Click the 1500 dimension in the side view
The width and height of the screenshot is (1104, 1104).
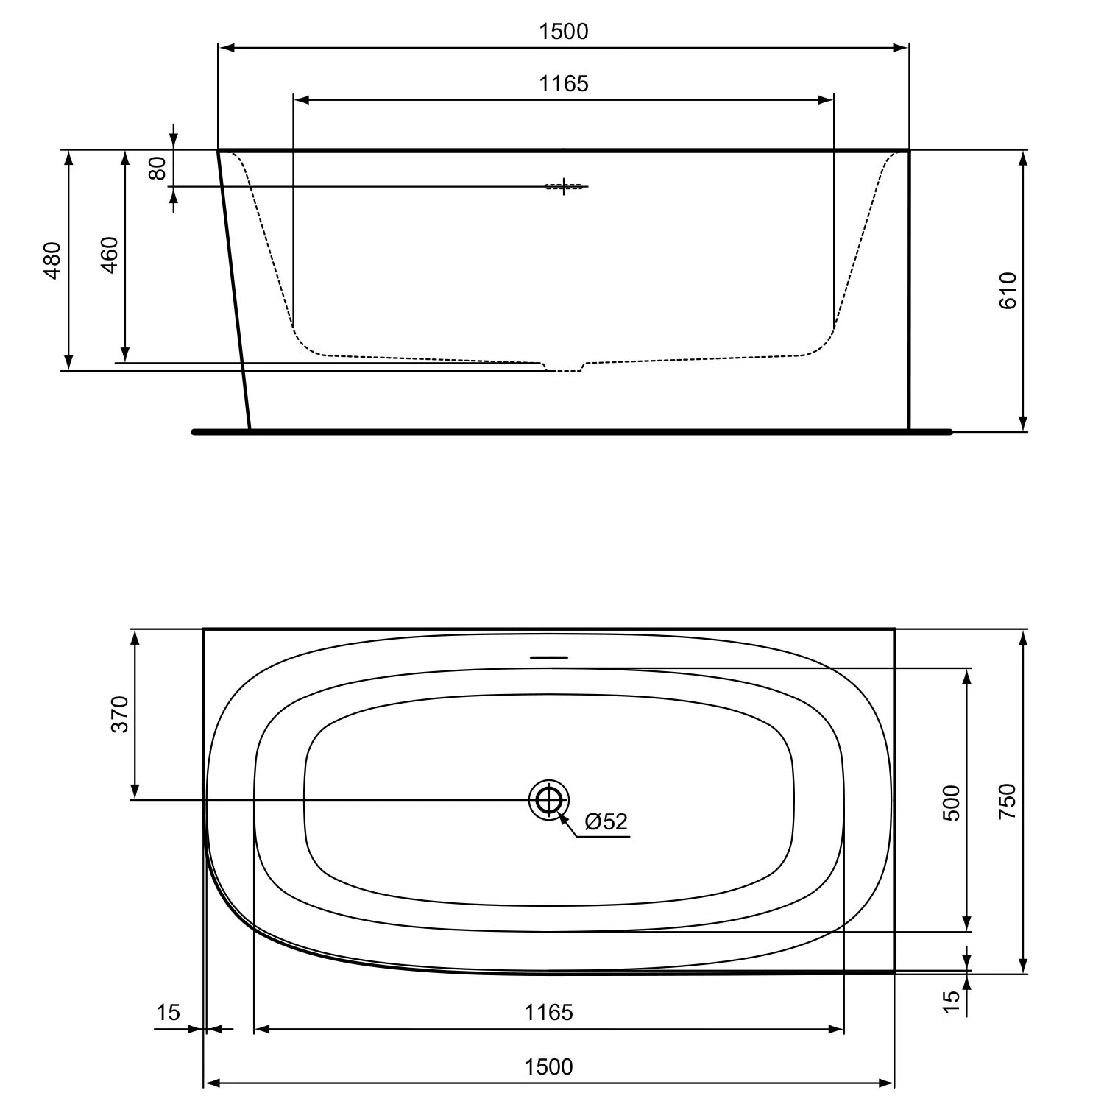tap(564, 32)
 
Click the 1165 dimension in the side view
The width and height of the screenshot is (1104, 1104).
tap(564, 84)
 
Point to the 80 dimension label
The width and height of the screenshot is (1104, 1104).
tap(157, 168)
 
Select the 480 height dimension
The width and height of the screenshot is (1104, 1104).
tap(52, 261)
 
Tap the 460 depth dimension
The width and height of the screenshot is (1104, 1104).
tap(109, 255)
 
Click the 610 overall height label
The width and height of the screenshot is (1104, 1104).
tap(1008, 290)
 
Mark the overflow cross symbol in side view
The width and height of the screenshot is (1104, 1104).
tap(564, 186)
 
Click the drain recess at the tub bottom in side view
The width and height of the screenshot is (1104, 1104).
tap(564, 367)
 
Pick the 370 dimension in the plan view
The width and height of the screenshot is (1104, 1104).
tap(119, 714)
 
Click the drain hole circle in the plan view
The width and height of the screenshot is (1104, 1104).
tap(549, 799)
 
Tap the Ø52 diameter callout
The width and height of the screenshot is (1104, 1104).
tap(606, 821)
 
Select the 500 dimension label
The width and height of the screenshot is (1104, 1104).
tap(952, 803)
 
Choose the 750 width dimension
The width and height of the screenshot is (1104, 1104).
tap(1008, 802)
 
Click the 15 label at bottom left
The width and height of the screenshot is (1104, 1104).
tap(168, 1013)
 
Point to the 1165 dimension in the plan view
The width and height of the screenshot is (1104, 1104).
tap(548, 1013)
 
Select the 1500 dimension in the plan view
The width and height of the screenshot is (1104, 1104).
tap(548, 1066)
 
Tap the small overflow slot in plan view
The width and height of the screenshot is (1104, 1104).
tap(549, 657)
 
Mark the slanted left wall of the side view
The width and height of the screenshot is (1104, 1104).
tap(234, 290)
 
